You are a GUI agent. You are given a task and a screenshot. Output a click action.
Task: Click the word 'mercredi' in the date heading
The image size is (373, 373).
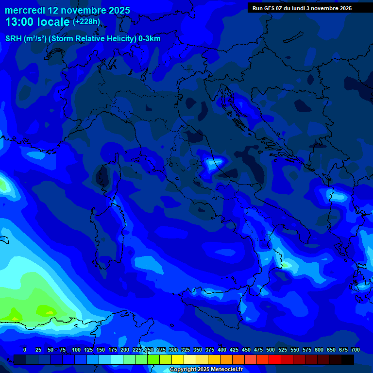[x=26, y=10]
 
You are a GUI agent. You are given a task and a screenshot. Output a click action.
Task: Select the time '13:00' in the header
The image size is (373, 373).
[x=21, y=22]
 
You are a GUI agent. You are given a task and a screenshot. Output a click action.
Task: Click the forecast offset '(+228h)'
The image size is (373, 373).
[x=86, y=22]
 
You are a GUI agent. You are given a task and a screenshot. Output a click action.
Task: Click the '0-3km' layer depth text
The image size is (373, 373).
[x=149, y=39]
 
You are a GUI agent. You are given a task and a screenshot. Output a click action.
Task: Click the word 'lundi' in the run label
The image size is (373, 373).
[x=305, y=8]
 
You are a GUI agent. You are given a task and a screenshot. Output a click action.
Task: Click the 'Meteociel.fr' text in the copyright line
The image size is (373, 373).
[x=223, y=370]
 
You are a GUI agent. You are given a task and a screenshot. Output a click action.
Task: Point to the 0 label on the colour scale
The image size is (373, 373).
[x=25, y=350]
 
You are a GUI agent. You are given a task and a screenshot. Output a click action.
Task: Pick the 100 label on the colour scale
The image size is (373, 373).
[x=76, y=350]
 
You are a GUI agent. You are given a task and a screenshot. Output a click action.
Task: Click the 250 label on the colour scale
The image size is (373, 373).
[x=149, y=350]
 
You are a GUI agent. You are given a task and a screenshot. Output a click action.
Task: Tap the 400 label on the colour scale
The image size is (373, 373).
[x=222, y=350]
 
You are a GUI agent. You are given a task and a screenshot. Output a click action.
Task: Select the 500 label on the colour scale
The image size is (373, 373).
[x=271, y=350]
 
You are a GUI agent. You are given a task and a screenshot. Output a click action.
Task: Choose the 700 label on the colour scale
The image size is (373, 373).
[x=355, y=350]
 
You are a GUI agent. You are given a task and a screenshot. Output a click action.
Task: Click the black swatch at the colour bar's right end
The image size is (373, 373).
[x=348, y=359]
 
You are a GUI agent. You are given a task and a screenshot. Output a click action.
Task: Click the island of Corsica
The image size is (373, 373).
[x=102, y=177]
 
